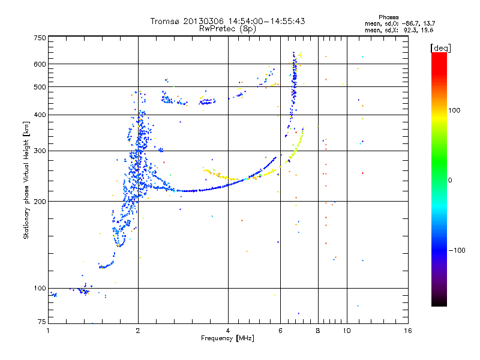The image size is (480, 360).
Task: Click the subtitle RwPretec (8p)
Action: [x=227, y=29]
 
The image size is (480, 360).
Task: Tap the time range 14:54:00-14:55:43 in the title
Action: [x=266, y=21]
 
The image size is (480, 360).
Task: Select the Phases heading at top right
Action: [x=388, y=17]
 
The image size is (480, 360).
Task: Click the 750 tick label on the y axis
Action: [x=40, y=38]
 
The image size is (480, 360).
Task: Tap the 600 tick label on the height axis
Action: [x=40, y=64]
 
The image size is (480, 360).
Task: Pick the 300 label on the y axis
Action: [x=40, y=151]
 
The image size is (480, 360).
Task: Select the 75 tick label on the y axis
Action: [x=42, y=322]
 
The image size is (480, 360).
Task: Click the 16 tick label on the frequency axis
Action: [x=408, y=331]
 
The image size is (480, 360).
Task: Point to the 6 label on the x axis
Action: [x=280, y=331]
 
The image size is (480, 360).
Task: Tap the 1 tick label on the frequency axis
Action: [x=48, y=331]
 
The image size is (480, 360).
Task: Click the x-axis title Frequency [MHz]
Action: [x=227, y=338]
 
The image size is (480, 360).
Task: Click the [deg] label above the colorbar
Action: [x=440, y=48]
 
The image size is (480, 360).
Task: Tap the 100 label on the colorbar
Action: [x=454, y=110]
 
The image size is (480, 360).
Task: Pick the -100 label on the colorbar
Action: [x=457, y=250]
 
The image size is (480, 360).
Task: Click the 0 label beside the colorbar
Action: [x=450, y=180]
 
